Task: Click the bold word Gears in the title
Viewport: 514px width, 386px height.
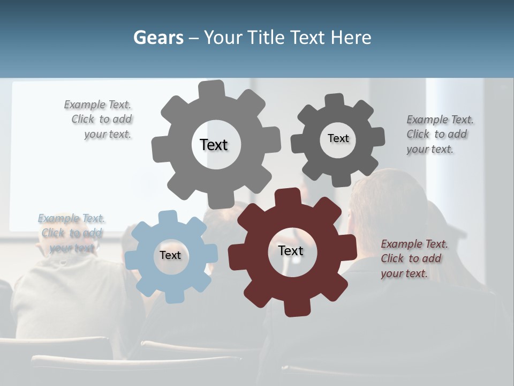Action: point(158,38)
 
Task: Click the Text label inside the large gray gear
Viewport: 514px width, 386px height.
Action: point(214,145)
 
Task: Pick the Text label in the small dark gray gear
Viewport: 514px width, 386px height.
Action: point(338,138)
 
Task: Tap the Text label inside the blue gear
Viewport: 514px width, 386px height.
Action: point(170,255)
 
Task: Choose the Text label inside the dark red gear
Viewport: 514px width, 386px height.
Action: point(291,250)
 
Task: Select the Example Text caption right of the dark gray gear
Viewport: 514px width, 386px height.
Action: point(439,134)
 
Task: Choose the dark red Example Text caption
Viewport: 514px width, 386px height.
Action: point(413,258)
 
